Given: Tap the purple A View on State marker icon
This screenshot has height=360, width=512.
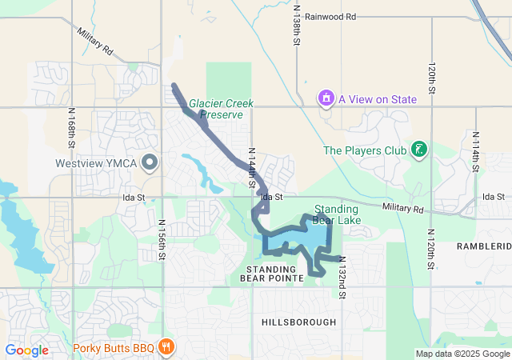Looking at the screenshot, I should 326,99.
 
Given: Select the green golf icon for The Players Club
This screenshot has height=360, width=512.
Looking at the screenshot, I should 417,150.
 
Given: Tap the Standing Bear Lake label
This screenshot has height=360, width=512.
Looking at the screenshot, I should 331,214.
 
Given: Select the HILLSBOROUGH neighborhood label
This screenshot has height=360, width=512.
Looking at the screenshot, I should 299,322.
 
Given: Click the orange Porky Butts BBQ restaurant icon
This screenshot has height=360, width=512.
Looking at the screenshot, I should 166,347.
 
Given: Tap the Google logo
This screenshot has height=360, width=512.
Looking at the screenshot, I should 26,350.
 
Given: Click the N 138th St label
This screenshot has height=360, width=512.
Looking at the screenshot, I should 296,28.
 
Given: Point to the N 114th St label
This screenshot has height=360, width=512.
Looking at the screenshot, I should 475,152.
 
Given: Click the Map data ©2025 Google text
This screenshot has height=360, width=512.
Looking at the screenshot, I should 462,354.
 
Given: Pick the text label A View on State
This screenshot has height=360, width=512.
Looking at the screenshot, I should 378,99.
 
